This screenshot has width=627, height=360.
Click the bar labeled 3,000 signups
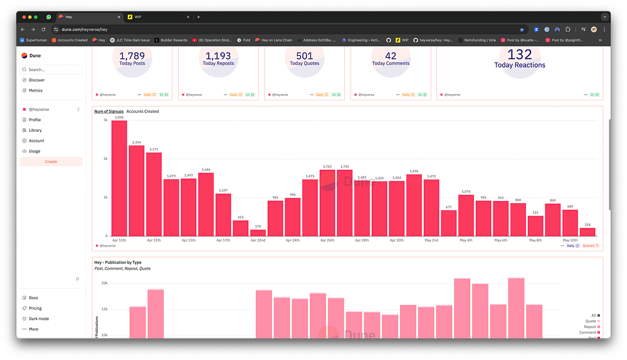click(119, 178)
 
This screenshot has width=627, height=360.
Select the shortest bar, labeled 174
click(258, 233)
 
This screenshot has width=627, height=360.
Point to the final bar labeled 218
click(587, 232)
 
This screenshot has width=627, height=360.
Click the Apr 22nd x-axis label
click(258, 240)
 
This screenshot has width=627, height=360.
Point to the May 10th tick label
click(569, 240)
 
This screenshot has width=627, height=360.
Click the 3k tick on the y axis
click(105, 119)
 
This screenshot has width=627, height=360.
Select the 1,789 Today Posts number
click(132, 56)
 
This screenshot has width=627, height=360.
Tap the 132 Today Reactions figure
click(520, 55)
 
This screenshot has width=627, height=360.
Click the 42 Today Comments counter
click(391, 56)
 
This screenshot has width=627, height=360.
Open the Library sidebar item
click(35, 130)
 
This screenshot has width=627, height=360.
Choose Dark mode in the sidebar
click(38, 319)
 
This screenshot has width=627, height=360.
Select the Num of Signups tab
click(108, 112)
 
